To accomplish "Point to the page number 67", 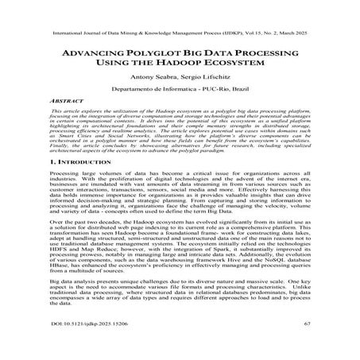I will (x=306, y=346).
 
